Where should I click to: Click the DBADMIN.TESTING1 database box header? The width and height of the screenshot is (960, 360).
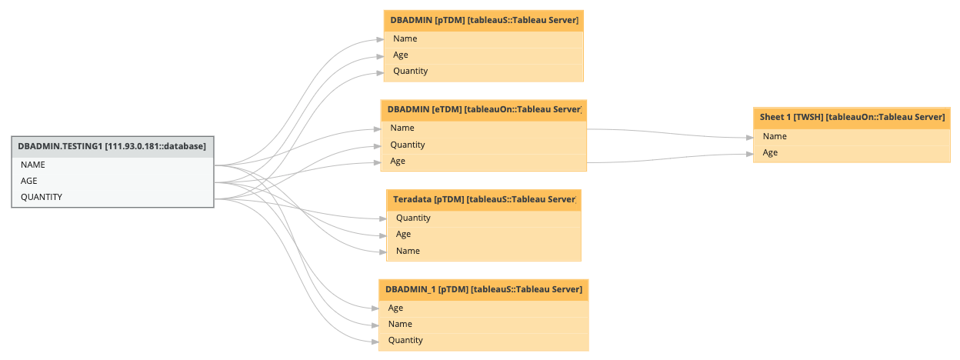click(x=112, y=146)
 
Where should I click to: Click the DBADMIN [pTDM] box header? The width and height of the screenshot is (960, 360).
click(x=484, y=20)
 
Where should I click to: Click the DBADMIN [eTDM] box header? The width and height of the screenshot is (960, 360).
click(x=484, y=110)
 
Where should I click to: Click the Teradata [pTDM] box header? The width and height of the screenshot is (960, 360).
click(x=484, y=199)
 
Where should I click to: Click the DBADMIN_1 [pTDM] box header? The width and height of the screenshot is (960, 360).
click(x=484, y=289)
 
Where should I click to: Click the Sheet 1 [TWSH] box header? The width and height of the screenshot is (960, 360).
click(x=852, y=117)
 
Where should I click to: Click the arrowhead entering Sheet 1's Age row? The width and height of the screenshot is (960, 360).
click(x=749, y=154)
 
